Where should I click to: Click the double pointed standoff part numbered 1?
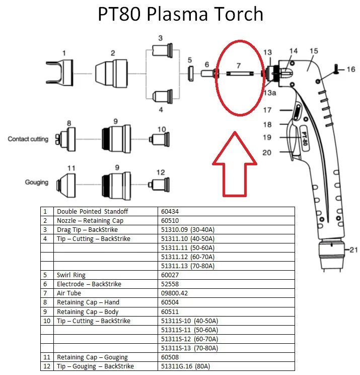point(60,73)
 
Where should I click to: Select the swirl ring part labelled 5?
point(190,74)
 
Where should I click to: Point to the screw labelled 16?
point(336,69)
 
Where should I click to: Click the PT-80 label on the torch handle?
point(304,139)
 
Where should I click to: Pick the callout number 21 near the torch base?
point(353,250)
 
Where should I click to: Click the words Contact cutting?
point(28,139)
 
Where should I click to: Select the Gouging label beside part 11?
point(37,182)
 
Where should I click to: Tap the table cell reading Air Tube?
point(69,293)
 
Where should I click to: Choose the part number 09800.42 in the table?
point(174,293)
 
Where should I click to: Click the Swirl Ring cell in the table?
point(71,275)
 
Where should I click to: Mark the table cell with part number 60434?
point(170,211)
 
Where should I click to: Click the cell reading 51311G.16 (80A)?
point(185,366)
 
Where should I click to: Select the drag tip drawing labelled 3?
point(163,50)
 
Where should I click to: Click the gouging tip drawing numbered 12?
point(159,184)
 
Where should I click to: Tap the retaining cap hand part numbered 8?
point(65,139)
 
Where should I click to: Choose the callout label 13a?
point(270,93)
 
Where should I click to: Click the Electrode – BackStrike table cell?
point(89,284)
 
